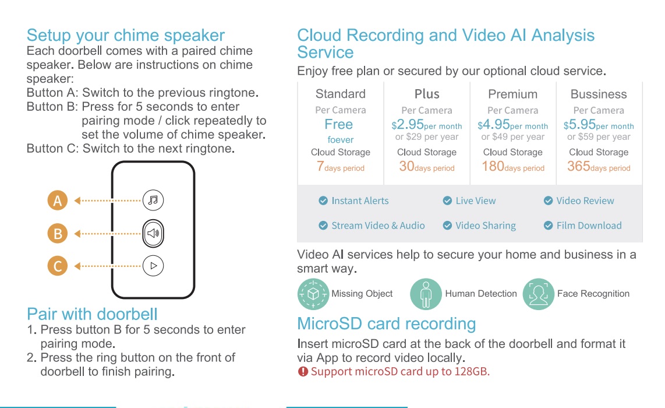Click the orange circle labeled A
tap(58, 201)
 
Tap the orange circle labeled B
tap(58, 234)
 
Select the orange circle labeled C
tap(58, 266)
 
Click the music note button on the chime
tap(153, 200)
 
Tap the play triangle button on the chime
tap(153, 266)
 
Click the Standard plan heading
tap(341, 94)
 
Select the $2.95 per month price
tap(427, 125)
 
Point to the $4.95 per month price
tap(513, 125)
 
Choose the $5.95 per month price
tap(599, 125)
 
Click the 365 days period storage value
tap(599, 167)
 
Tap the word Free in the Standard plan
tap(339, 124)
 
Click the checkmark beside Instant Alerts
tap(323, 201)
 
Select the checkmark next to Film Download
tap(549, 226)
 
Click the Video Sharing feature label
tap(486, 226)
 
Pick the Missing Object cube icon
tap(313, 294)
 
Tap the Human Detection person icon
tap(426, 294)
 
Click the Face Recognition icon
tap(539, 294)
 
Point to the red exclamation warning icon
tap(303, 372)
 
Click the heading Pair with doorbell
tap(92, 314)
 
